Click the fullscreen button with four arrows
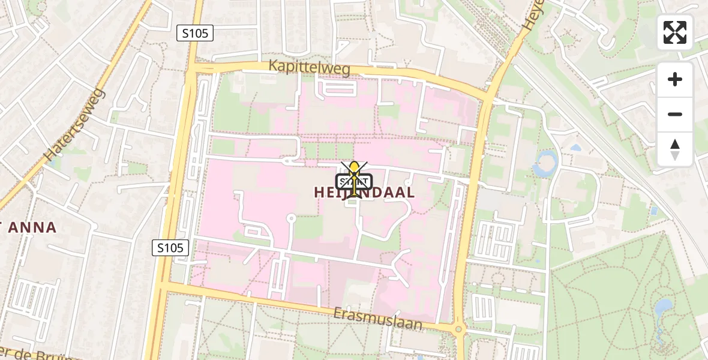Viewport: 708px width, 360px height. (x=675, y=32)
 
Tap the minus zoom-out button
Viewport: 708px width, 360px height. (x=675, y=114)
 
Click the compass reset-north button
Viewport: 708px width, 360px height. (x=675, y=149)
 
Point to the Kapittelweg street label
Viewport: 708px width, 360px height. (x=309, y=68)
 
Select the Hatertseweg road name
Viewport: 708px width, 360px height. (x=74, y=125)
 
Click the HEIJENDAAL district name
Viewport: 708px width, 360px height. (x=364, y=193)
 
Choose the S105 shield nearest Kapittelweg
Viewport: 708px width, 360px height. (x=195, y=33)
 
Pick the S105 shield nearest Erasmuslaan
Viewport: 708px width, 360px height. (x=170, y=247)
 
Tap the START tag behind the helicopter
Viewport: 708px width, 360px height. (x=355, y=181)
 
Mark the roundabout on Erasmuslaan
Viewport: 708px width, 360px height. (x=459, y=329)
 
